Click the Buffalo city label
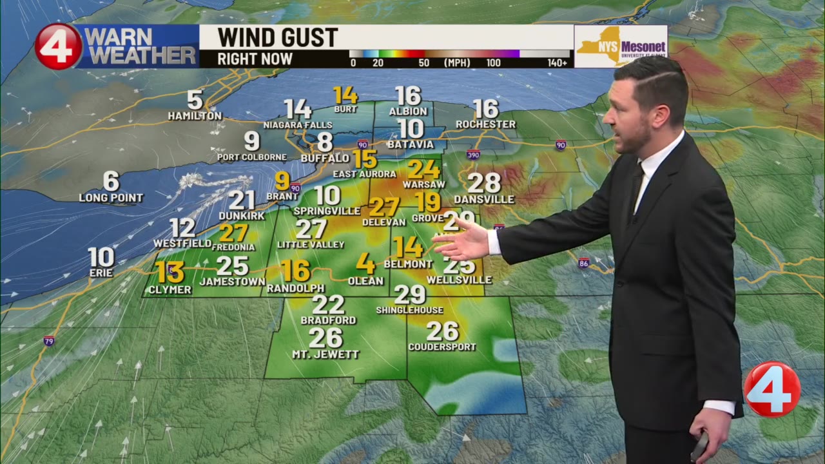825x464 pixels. click(325, 158)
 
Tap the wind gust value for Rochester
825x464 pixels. click(485, 109)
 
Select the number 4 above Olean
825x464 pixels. click(365, 263)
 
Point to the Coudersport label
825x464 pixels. click(442, 347)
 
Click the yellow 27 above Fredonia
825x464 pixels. click(233, 233)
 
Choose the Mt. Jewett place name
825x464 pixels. click(325, 354)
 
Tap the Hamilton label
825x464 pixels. click(195, 116)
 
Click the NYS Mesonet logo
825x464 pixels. click(621, 46)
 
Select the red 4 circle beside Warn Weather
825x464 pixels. click(59, 46)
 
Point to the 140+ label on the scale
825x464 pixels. click(558, 63)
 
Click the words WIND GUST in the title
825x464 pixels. click(278, 37)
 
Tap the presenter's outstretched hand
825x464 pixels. click(461, 241)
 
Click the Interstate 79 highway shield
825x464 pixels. click(49, 341)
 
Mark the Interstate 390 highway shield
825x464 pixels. click(474, 155)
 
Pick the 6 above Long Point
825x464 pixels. click(111, 181)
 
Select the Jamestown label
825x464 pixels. click(232, 282)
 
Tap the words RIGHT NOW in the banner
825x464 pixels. click(255, 59)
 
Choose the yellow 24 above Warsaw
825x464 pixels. click(423, 169)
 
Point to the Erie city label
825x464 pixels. click(101, 273)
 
